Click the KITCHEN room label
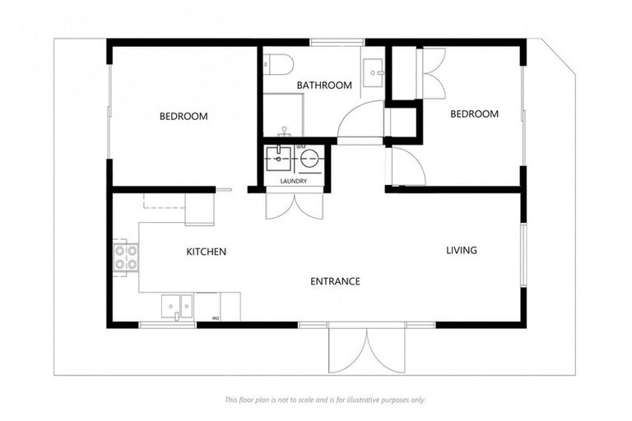(x=206, y=252)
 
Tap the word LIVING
(x=462, y=250)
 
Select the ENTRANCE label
(x=335, y=281)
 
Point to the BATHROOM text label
(x=324, y=85)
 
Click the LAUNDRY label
(x=294, y=181)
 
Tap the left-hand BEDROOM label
(x=184, y=116)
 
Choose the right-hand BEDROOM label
(x=474, y=114)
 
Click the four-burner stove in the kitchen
(x=125, y=257)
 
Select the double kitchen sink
(x=177, y=306)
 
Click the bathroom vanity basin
(x=374, y=72)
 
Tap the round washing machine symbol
(x=309, y=158)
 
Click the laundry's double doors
(x=294, y=206)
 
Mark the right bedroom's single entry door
(x=407, y=167)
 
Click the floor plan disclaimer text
(x=325, y=400)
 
